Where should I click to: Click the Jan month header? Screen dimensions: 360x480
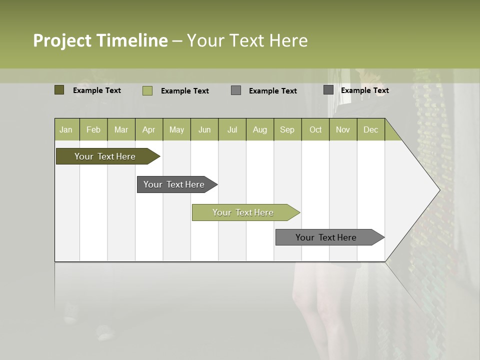pos(66,129)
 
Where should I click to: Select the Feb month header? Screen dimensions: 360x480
pos(93,129)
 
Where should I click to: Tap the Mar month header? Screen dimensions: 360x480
pos(121,129)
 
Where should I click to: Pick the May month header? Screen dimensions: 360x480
pos(176,129)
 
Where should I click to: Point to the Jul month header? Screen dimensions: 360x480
pos(232,129)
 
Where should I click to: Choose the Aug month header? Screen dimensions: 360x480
pos(259,129)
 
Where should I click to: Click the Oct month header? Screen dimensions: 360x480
pos(315,129)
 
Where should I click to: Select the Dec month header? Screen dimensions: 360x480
pos(370,129)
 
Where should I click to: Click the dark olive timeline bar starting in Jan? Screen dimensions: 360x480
pos(105,156)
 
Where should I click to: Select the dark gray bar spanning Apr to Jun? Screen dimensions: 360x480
pos(174,184)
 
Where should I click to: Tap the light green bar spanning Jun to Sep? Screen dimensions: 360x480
pos(243,212)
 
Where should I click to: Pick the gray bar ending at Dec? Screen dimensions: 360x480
pos(326,237)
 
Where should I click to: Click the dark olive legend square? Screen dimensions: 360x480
pos(59,90)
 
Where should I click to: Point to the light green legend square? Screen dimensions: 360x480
pos(147,90)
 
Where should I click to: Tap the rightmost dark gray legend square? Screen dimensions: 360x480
pos(328,90)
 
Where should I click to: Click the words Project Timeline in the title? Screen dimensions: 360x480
pos(100,40)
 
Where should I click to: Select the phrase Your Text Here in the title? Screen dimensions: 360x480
pos(247,40)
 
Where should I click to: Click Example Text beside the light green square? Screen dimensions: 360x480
pos(185,91)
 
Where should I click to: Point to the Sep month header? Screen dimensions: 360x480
pos(287,129)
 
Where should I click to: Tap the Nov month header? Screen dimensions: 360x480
pos(343,129)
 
